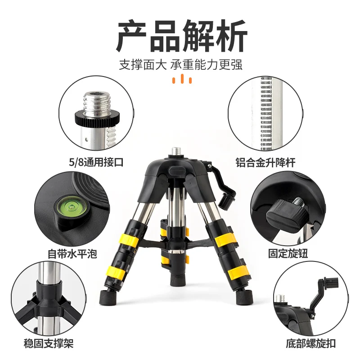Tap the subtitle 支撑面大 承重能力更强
(180, 64)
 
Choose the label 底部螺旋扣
(310, 344)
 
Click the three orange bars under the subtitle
(182, 80)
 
